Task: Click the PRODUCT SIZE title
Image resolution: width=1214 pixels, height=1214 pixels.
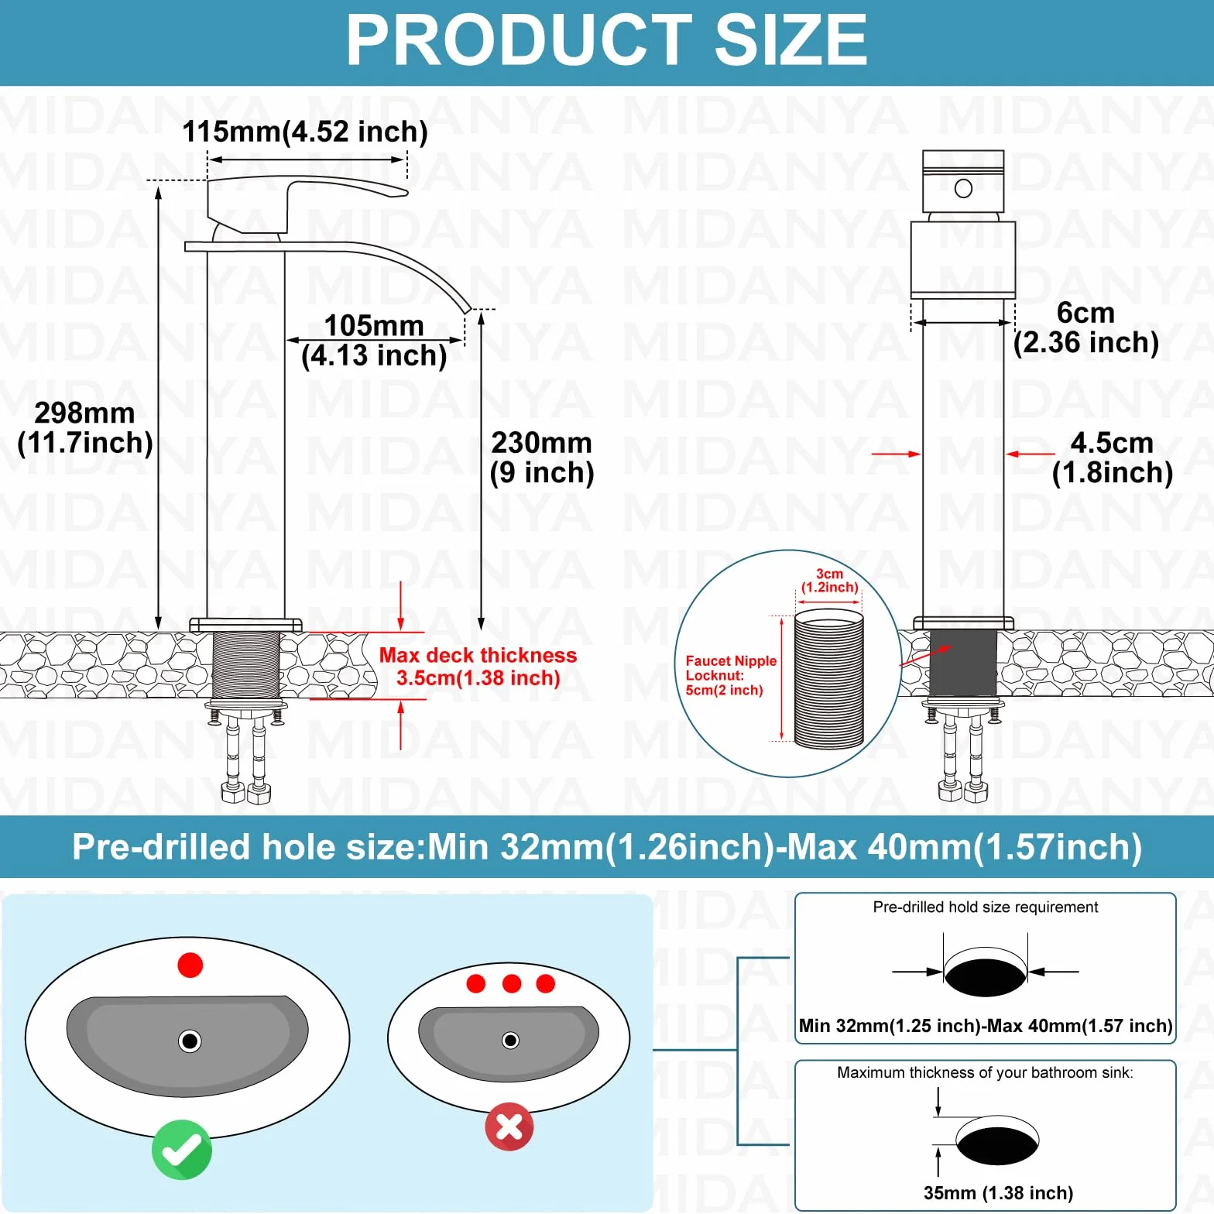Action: click(x=606, y=40)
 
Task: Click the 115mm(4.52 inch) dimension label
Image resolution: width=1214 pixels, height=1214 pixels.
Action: click(x=305, y=132)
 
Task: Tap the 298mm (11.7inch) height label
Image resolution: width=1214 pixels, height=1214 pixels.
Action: click(x=85, y=428)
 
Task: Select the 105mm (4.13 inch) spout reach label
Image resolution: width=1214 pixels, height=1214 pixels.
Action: click(x=374, y=341)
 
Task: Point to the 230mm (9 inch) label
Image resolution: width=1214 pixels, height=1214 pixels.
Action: click(x=542, y=458)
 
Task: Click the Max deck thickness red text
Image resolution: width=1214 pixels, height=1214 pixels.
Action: click(x=478, y=667)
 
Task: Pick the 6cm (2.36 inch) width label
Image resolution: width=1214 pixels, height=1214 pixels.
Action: click(x=1086, y=328)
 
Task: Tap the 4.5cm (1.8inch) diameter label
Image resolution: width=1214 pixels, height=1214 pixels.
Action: click(x=1113, y=458)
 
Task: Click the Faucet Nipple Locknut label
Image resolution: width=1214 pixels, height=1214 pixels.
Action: click(x=731, y=675)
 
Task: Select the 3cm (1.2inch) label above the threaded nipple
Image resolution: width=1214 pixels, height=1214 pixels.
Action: click(x=829, y=581)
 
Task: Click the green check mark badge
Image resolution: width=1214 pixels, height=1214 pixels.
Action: click(x=182, y=1150)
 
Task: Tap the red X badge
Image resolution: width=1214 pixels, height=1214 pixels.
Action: click(x=509, y=1127)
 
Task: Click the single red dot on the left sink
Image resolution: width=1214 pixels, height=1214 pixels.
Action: click(x=190, y=965)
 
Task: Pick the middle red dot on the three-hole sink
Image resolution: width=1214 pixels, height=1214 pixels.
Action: click(x=512, y=983)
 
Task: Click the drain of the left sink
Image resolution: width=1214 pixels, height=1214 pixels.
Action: click(x=190, y=1041)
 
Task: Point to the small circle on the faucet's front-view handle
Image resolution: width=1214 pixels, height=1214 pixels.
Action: click(x=964, y=188)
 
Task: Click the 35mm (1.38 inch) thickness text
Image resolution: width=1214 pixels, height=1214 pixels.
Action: click(x=998, y=1193)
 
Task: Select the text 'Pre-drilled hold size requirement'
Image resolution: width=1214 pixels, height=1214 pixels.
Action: click(x=986, y=907)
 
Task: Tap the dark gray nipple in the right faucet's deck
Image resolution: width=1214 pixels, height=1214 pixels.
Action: click(x=963, y=663)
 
